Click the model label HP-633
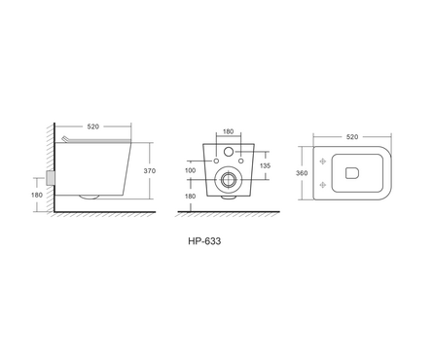click(204, 241)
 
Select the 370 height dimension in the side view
click(150, 171)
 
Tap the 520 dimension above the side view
click(92, 126)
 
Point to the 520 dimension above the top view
click(352, 137)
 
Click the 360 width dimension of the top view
click(302, 173)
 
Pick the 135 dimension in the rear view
click(265, 165)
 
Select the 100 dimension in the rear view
click(190, 170)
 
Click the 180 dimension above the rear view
click(229, 131)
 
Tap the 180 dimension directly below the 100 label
click(190, 197)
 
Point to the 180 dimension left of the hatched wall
click(37, 196)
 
